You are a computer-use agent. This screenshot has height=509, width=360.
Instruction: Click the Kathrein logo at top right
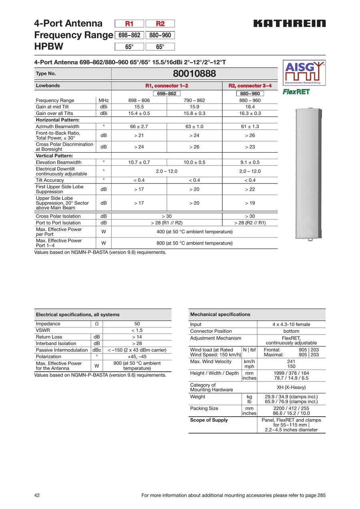289,24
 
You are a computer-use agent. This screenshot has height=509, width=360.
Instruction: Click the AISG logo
304,72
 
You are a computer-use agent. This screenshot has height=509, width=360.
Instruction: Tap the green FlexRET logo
296,92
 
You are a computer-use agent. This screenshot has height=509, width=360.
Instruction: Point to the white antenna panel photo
308,174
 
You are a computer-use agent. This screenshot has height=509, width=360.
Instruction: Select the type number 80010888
194,74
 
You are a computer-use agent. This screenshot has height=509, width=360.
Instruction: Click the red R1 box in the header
129,24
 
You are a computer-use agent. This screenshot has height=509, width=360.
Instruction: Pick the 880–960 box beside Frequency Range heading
160,35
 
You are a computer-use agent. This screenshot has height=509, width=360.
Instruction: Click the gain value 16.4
250,107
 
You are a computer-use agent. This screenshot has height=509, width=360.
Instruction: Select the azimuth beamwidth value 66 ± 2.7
139,126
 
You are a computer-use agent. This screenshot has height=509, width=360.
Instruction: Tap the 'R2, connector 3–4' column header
250,86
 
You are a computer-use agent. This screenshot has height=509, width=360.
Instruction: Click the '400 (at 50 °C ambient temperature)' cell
194,232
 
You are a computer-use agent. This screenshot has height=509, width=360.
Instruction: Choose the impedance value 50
137,324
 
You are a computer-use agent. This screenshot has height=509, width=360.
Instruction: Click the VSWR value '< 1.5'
137,330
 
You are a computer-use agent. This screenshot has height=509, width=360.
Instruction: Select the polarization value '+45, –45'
137,357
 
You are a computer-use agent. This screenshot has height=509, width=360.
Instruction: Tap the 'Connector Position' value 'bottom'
291,331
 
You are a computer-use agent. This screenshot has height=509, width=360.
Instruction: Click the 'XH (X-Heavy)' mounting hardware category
291,387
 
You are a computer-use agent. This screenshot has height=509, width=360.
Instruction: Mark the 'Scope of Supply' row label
209,420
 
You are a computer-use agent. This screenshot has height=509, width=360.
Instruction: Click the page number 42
37,495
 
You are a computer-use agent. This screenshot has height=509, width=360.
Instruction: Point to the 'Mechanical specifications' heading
220,314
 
